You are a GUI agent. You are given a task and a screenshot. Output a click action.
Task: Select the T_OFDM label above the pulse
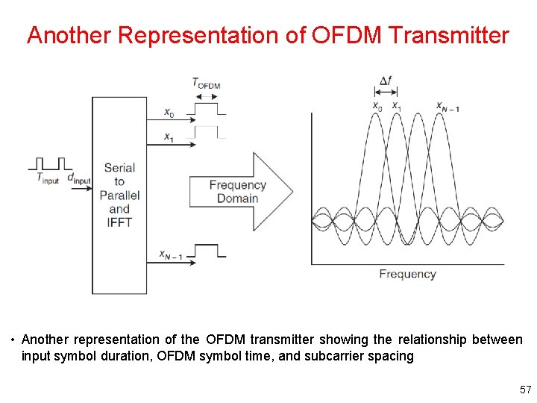pos(206,83)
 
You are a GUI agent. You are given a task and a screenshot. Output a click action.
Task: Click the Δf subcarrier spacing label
pos(386,81)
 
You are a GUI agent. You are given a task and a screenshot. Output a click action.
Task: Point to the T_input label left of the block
pos(48,178)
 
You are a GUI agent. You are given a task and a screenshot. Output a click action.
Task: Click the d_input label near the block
pos(78,178)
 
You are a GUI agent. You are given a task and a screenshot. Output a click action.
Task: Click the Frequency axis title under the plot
pos(407,274)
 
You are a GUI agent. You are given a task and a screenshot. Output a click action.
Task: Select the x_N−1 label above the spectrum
pos(448,107)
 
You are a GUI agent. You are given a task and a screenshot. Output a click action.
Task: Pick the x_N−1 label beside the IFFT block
pos(172,254)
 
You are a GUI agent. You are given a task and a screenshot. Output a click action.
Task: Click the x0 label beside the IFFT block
pos(170,113)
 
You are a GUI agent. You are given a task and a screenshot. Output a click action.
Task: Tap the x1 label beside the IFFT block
pos(170,137)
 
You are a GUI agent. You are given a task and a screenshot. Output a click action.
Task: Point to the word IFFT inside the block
pos(119,222)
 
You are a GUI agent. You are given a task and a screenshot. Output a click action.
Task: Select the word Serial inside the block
pos(119,168)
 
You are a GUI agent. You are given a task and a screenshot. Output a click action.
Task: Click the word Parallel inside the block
pos(119,196)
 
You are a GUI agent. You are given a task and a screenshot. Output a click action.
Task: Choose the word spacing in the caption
pos(389,356)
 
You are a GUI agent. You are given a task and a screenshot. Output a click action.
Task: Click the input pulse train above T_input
pos(51,163)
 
